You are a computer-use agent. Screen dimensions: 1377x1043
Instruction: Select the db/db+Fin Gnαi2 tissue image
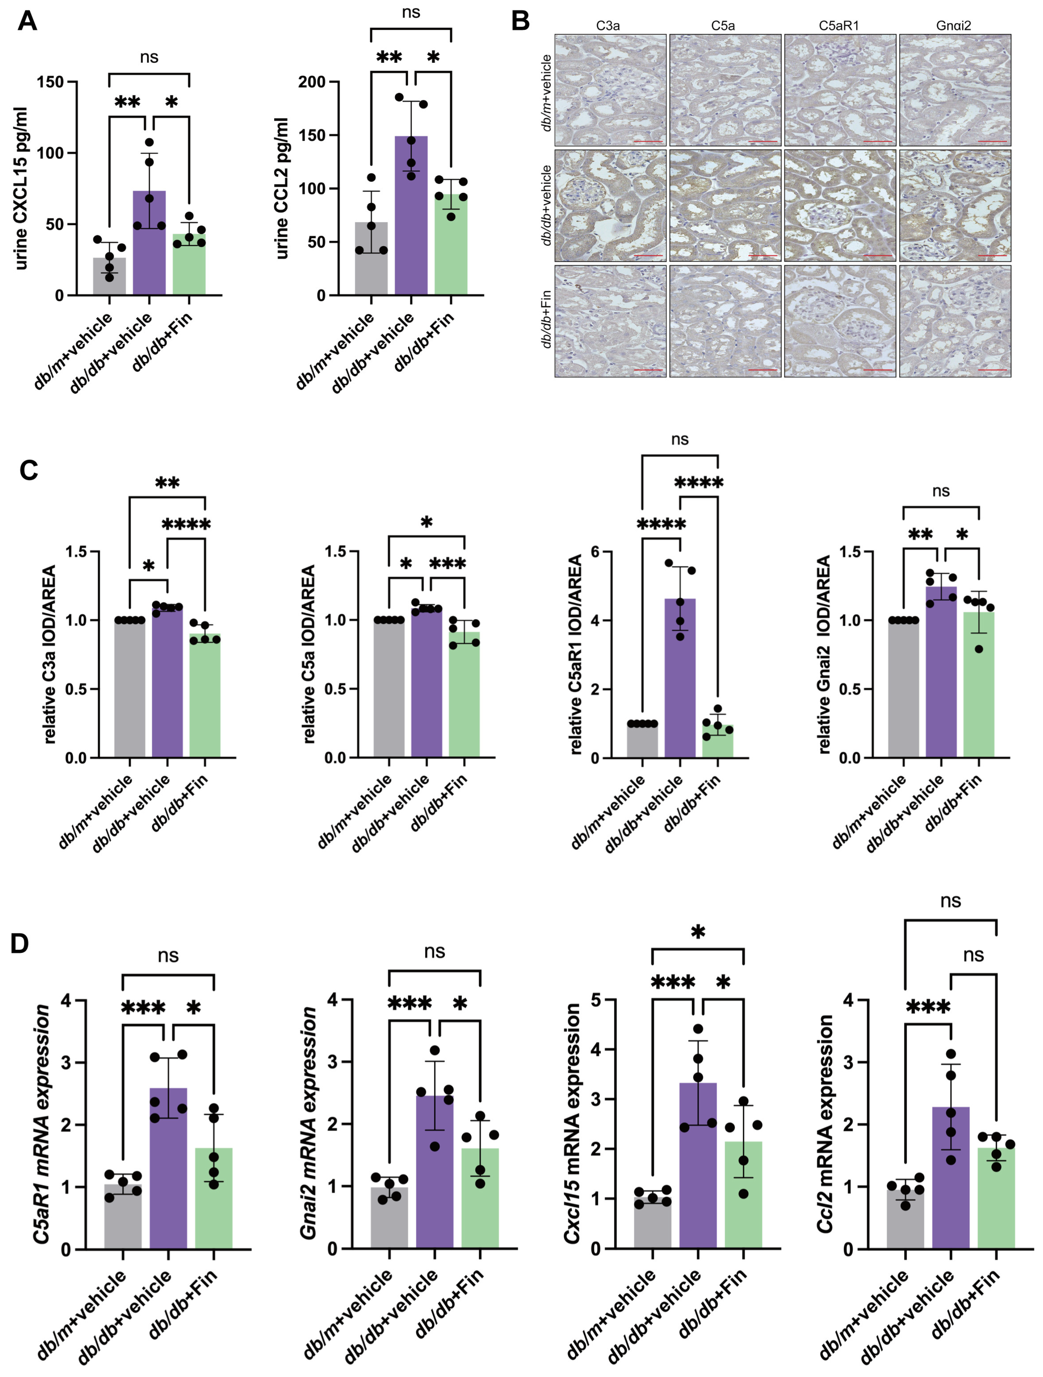click(955, 321)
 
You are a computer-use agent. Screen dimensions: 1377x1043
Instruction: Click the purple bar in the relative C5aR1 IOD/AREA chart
click(680, 679)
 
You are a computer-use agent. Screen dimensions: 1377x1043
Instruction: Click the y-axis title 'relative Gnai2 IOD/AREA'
click(825, 655)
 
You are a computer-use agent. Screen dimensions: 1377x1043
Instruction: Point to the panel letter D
click(20, 944)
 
